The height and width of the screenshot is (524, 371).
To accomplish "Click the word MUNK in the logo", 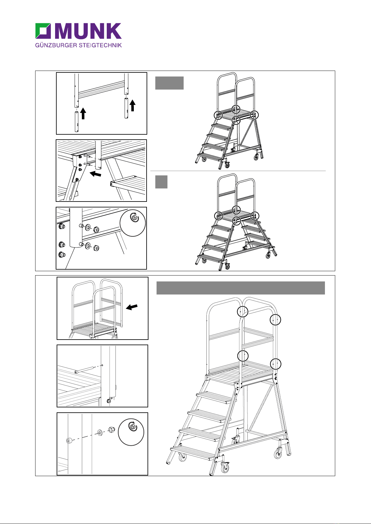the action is (x=88, y=31).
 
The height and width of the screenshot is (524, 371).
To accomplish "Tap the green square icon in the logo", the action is (x=43, y=31).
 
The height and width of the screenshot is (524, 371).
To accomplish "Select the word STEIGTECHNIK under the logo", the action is (x=100, y=45).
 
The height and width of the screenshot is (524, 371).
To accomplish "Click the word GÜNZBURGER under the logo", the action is (x=56, y=45).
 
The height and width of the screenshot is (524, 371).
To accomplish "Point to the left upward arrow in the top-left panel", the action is (x=83, y=113).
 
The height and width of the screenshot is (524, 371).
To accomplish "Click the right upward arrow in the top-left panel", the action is (x=133, y=105).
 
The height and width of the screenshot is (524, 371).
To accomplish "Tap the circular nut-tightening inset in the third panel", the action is (x=133, y=223).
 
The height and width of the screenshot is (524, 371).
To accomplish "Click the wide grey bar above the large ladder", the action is (x=241, y=288).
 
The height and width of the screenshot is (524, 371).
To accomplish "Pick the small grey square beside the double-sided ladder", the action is (x=161, y=182).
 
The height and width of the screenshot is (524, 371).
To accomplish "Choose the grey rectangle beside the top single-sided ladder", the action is (x=169, y=83).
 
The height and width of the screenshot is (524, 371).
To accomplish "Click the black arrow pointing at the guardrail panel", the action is (x=132, y=307).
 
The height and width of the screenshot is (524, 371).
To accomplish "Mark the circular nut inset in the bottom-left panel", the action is (x=131, y=432).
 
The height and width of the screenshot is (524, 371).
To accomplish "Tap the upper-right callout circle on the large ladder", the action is (x=275, y=320).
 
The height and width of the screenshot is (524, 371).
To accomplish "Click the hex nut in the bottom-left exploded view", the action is (x=111, y=429).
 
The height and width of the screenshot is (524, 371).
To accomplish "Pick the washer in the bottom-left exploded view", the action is (x=100, y=433).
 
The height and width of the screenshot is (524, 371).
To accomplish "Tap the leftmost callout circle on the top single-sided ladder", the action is (x=218, y=115).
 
